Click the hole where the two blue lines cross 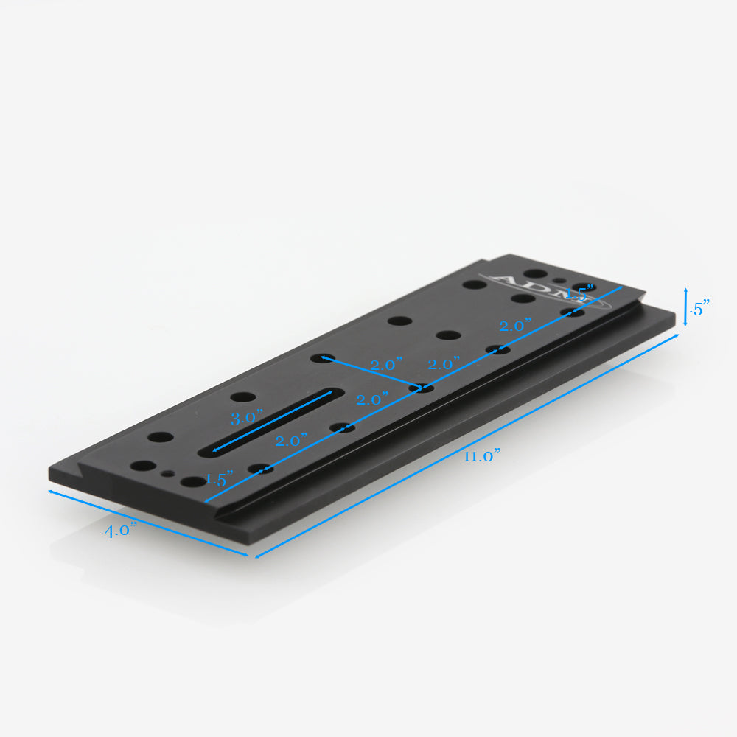[422, 388]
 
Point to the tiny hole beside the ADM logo [562, 281]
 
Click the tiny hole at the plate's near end [170, 473]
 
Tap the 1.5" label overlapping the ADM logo [579, 293]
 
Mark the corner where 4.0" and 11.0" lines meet [255, 557]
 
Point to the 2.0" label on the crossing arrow [386, 365]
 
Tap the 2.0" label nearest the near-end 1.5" [291, 441]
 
